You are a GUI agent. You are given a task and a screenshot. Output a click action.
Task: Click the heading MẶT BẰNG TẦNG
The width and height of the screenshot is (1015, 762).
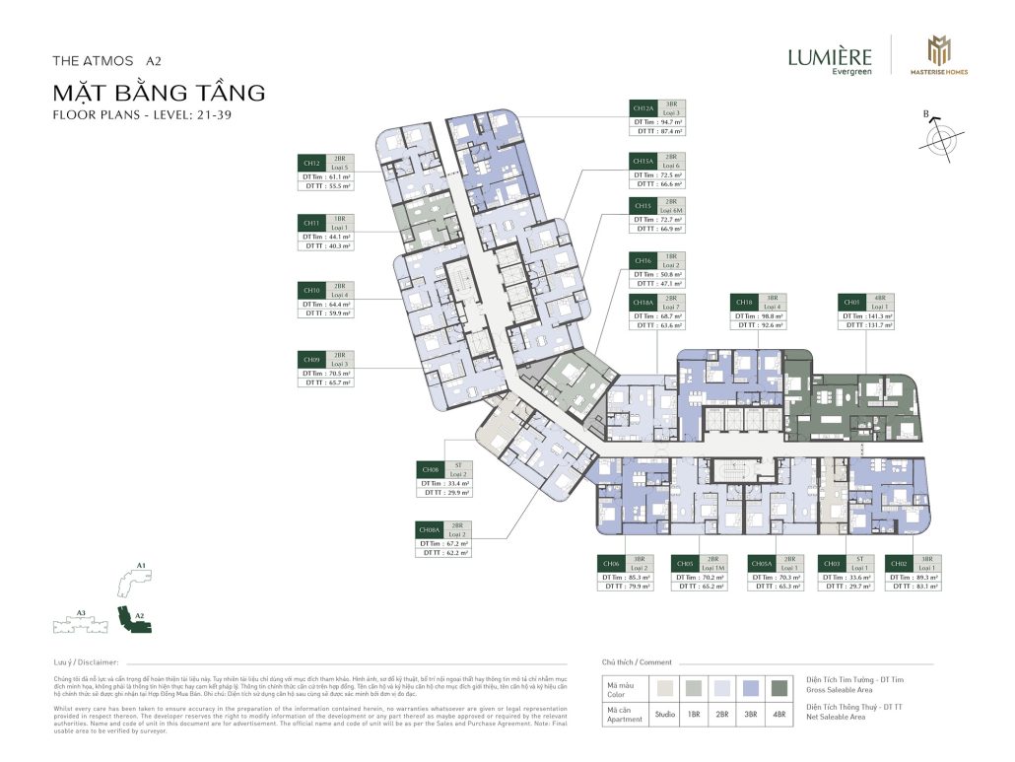point(160,94)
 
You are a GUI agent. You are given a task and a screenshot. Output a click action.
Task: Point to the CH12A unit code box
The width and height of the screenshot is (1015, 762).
point(643,108)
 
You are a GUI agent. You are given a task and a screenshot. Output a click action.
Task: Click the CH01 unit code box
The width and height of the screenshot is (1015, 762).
point(851,302)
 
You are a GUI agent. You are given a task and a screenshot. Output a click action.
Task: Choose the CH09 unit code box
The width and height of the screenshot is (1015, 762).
point(312,360)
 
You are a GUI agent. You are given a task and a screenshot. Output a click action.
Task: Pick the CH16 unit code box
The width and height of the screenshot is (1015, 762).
point(643,260)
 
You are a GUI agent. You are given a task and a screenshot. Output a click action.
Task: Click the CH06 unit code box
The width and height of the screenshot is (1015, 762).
point(611,564)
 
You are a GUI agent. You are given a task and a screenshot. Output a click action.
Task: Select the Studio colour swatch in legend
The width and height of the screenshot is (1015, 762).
point(667,686)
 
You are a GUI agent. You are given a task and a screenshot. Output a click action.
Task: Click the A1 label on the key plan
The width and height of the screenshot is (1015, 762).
point(142,566)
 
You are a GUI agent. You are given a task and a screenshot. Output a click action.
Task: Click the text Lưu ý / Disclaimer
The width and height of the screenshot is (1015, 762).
point(87,662)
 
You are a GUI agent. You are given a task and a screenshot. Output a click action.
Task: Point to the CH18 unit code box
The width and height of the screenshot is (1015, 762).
point(744,302)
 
